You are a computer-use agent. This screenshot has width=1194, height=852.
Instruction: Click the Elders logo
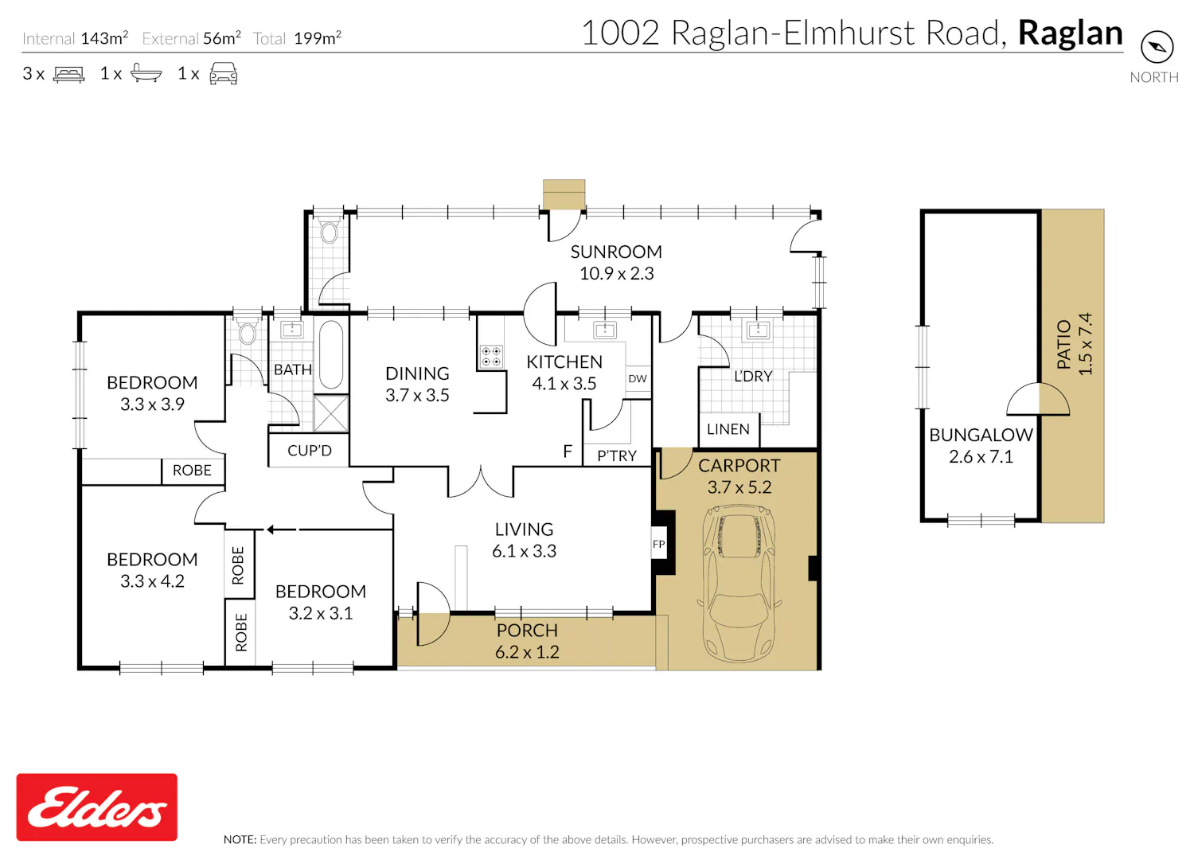pyautogui.click(x=96, y=806)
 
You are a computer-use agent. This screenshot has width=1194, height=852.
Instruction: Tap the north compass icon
pyautogui.click(x=1157, y=47)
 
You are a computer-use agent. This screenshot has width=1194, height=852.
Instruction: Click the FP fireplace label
pyautogui.click(x=659, y=544)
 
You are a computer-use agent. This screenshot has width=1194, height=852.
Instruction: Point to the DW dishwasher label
pyautogui.click(x=638, y=378)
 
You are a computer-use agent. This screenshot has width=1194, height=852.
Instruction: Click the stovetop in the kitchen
pyautogui.click(x=491, y=356)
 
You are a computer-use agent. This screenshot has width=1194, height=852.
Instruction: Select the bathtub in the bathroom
pyautogui.click(x=331, y=354)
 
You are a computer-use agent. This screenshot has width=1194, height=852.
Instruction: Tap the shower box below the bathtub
pyautogui.click(x=331, y=413)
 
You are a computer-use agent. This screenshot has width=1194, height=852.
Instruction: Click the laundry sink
pyautogui.click(x=758, y=330)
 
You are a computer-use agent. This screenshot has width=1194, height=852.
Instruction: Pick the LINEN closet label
pyautogui.click(x=728, y=429)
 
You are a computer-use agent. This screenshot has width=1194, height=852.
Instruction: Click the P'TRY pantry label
pyautogui.click(x=617, y=455)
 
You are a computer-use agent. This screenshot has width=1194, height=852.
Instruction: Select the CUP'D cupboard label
pyautogui.click(x=309, y=451)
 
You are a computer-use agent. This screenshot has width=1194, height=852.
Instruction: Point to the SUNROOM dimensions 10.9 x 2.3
pyautogui.click(x=616, y=273)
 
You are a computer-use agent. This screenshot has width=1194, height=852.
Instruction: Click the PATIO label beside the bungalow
pyautogui.click(x=1063, y=345)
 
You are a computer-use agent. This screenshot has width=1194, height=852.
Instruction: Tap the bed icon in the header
pyautogui.click(x=68, y=74)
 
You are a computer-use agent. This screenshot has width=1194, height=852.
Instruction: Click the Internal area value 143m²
pyautogui.click(x=104, y=38)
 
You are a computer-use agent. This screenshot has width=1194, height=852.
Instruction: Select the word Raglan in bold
pyautogui.click(x=1071, y=33)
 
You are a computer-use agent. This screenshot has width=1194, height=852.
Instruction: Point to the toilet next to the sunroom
pyautogui.click(x=330, y=230)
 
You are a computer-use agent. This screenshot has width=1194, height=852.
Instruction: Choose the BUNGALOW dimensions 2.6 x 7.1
pyautogui.click(x=981, y=456)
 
